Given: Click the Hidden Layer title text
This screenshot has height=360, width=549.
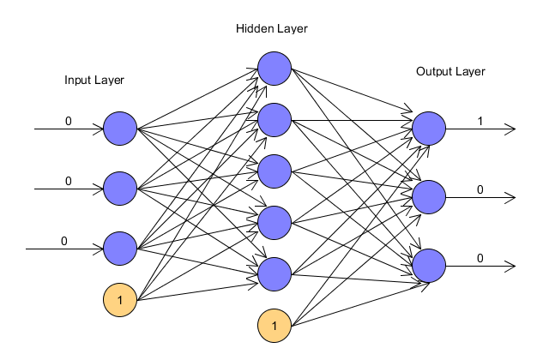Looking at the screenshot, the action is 272,28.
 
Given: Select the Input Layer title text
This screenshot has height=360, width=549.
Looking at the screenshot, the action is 94,80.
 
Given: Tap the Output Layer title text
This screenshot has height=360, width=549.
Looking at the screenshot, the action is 450,72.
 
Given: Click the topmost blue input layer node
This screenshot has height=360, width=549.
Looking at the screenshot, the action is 120,129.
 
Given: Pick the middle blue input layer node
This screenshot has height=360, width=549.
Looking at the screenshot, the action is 120,189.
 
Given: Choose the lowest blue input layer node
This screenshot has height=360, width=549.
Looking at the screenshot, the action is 120,249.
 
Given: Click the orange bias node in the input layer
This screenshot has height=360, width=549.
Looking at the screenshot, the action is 120,300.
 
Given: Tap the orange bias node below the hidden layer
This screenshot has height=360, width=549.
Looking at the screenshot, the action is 274,326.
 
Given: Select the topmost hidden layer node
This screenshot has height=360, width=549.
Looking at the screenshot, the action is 274,69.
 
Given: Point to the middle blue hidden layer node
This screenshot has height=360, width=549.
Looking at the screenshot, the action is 274,171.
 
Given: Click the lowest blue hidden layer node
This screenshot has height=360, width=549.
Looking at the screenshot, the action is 274,274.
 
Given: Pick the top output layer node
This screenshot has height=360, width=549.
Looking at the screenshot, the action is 429,129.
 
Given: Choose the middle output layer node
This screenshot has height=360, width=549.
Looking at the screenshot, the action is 429,197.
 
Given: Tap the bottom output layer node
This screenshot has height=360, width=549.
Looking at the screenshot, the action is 429,266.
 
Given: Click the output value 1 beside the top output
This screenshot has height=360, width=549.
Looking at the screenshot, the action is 480,121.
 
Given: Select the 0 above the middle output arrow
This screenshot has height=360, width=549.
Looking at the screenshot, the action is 480,189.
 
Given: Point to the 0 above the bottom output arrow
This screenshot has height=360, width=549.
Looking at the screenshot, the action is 480,258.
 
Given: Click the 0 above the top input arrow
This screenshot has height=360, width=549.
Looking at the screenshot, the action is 69,121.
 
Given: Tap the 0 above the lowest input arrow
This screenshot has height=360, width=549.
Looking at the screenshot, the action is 63,241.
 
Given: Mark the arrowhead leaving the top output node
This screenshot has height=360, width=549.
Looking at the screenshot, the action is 510,129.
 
